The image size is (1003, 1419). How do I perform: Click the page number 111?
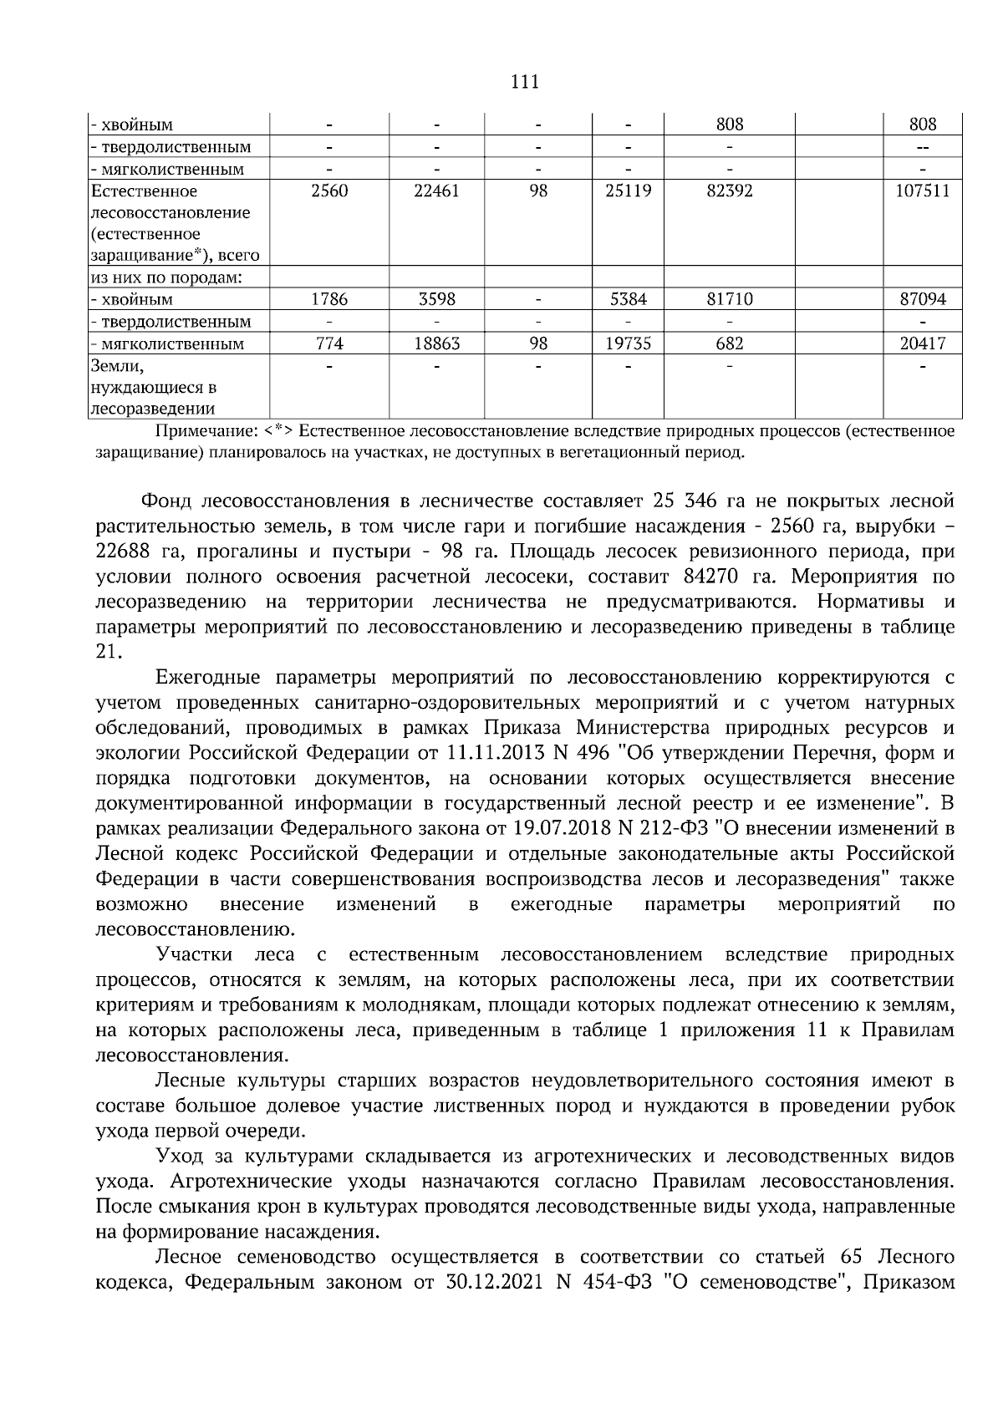click(524, 82)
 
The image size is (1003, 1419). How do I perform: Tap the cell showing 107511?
click(923, 191)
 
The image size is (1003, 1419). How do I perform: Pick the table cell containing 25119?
click(628, 191)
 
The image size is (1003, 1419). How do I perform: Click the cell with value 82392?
click(729, 191)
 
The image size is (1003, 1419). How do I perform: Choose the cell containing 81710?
click(729, 299)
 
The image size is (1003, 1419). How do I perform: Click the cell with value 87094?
click(923, 299)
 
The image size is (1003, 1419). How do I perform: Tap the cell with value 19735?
click(628, 343)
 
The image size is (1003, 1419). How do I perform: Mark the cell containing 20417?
click(923, 343)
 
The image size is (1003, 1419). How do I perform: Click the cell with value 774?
click(329, 343)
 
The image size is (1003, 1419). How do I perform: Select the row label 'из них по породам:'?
click(166, 277)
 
